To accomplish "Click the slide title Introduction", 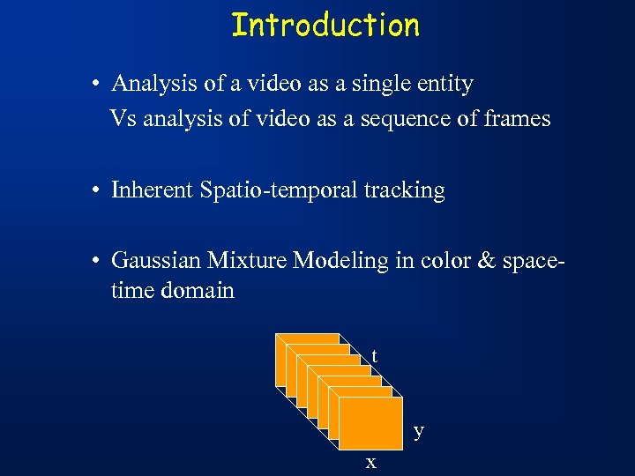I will (325, 25).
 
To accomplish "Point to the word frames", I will (517, 118).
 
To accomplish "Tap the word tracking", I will (407, 190).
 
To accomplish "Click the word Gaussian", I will (155, 260).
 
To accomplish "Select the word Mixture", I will (248, 260).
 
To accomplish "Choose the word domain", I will (198, 290).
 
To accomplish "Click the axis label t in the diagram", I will (375, 356).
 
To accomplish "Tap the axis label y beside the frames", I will (419, 430).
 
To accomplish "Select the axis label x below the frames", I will (371, 462).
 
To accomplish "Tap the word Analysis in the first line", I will (150, 84).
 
